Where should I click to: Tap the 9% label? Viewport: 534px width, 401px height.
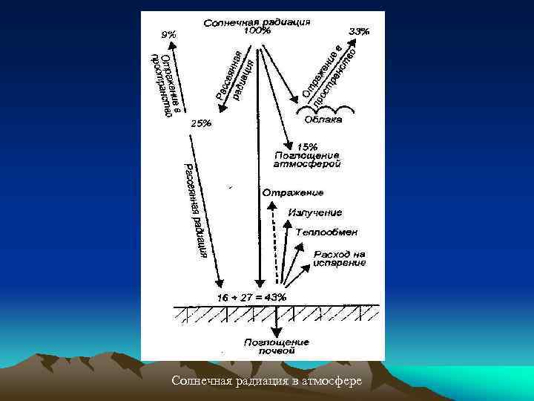169,34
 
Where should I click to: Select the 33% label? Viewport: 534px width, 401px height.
359,32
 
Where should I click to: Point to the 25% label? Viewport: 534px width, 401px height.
201,124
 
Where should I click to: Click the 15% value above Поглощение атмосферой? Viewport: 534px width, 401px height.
307,146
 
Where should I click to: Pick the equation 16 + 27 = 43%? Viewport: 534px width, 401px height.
251,297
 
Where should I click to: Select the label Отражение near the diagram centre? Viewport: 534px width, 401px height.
292,193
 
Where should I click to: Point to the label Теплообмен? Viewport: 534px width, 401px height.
326,232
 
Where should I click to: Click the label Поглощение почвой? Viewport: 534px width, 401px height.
277,347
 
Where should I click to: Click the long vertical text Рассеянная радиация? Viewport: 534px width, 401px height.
197,210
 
